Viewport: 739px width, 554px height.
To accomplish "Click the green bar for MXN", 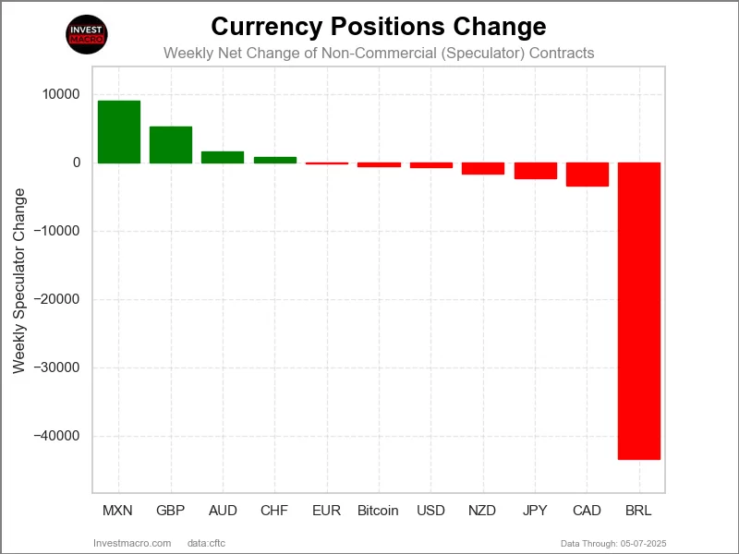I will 119,132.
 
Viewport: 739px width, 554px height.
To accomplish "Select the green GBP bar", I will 171,145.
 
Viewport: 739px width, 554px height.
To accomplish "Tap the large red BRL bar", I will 638,310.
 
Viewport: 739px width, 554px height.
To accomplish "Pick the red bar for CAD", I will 587,175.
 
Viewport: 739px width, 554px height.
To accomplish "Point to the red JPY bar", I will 535,171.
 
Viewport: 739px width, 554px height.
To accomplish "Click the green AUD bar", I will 223,157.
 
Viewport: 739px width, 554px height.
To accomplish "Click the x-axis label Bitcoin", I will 378,511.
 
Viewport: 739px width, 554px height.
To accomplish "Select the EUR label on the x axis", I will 326,511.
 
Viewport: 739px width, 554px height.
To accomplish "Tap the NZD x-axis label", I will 483,511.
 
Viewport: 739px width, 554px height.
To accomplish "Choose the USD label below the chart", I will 430,511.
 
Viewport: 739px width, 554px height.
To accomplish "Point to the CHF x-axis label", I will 274,511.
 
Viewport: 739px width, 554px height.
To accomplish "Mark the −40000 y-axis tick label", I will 56,436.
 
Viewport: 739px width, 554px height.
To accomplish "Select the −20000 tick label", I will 56,299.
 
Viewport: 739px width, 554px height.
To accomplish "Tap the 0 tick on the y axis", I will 77,163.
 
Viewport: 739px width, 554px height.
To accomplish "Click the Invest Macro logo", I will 87,35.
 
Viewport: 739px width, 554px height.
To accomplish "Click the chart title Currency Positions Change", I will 379,26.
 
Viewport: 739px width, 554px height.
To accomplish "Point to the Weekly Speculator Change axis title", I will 19,281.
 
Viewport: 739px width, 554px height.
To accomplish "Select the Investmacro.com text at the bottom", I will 132,543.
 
